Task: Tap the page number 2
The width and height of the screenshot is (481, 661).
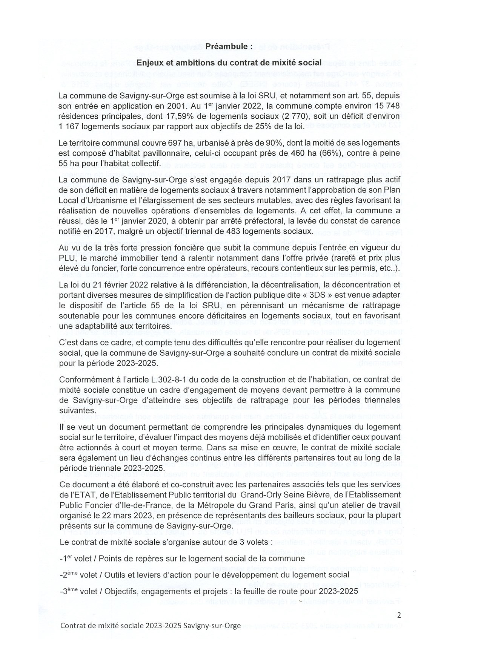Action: pos(399,615)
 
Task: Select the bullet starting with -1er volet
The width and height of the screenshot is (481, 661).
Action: pos(182,559)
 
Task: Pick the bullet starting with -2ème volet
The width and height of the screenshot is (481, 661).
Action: pos(204,575)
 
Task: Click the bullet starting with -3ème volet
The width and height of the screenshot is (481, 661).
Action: pos(208,592)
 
